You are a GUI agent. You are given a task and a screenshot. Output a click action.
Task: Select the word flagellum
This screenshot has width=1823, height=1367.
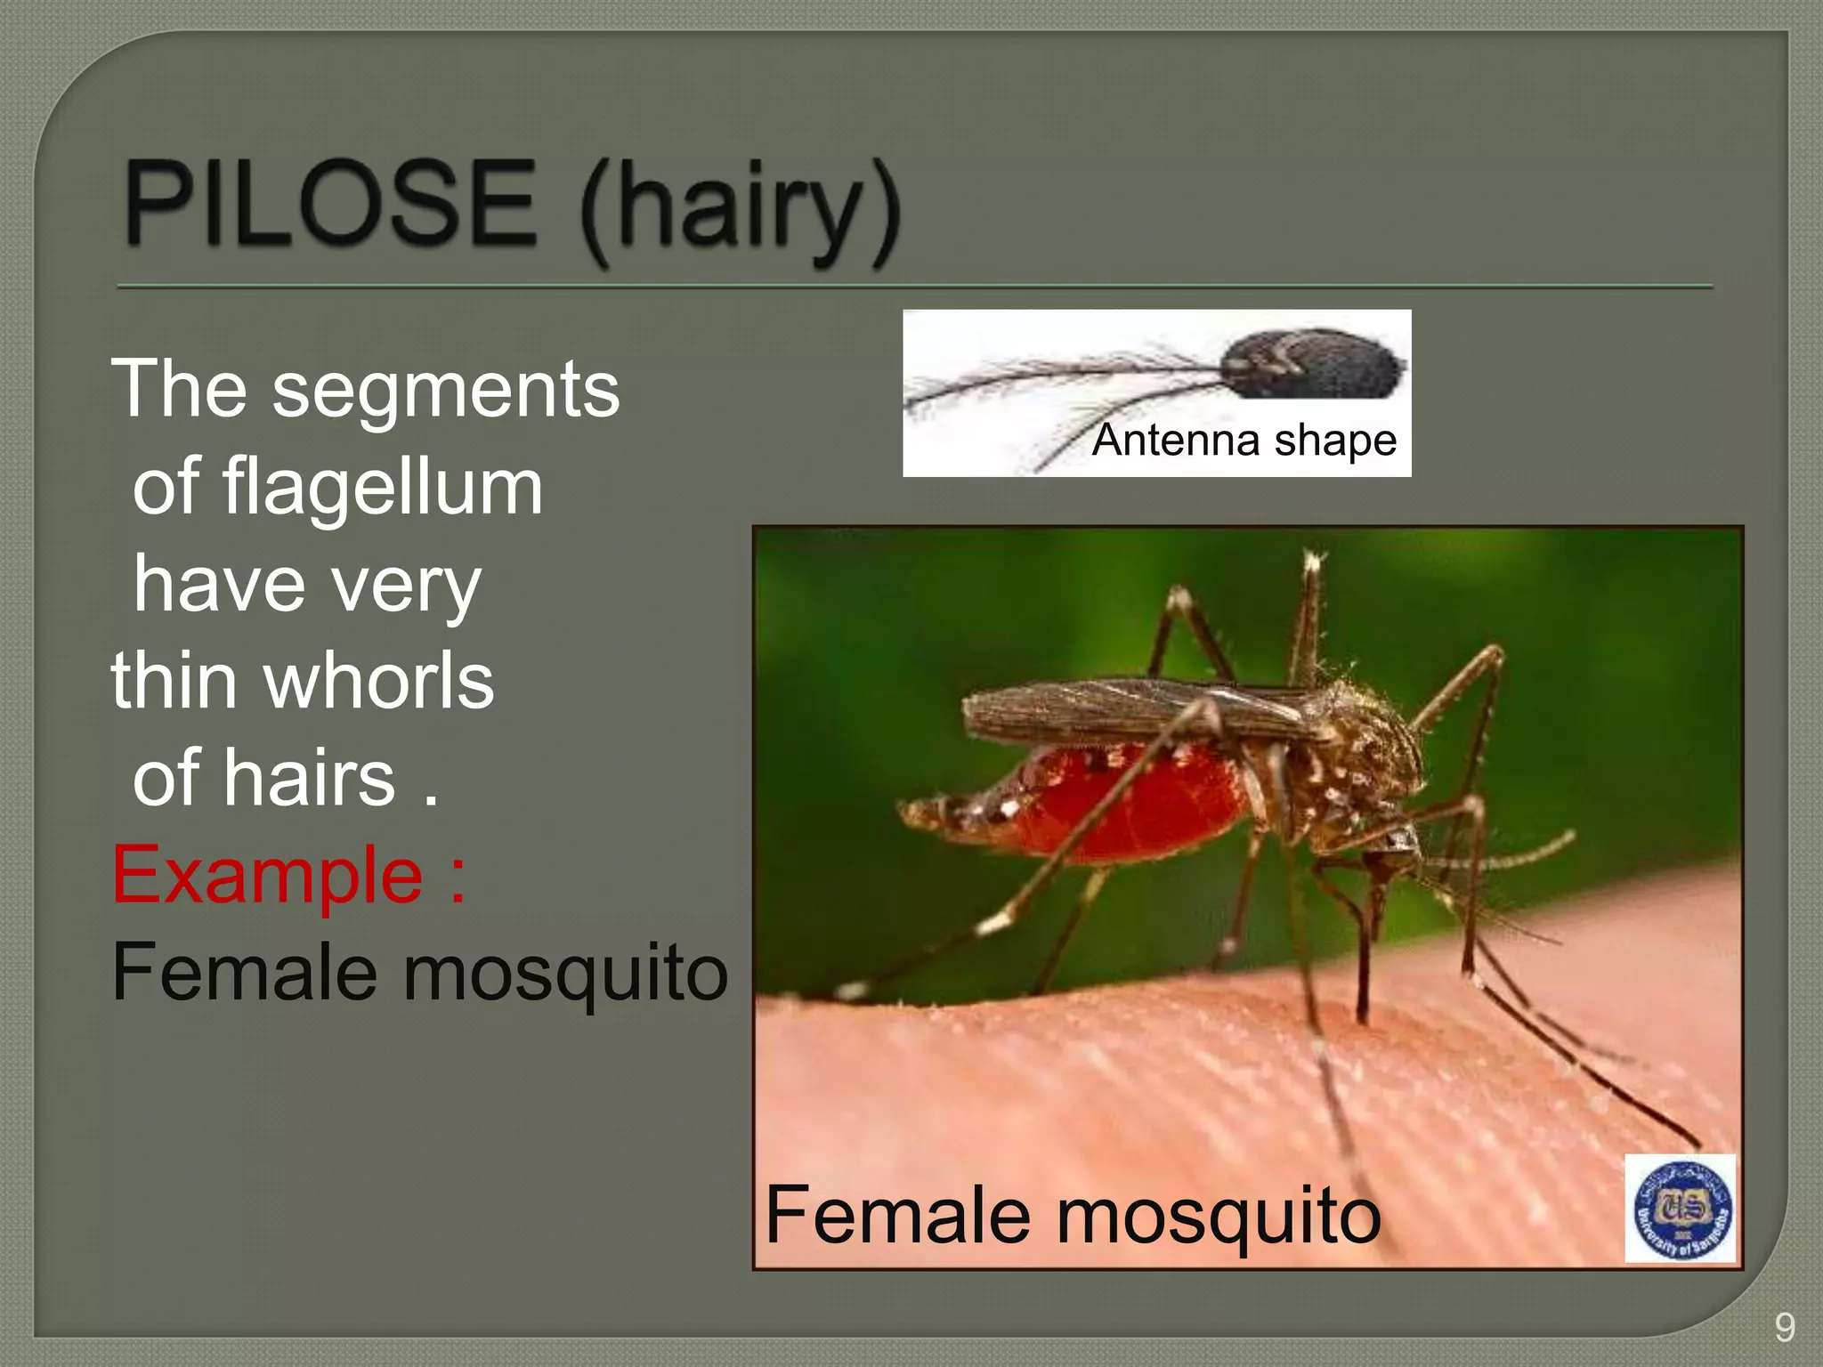tap(383, 488)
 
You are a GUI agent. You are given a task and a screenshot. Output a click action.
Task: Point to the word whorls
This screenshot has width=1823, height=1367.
tap(378, 681)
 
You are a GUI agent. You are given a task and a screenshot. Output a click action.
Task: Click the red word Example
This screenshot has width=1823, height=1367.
tap(267, 876)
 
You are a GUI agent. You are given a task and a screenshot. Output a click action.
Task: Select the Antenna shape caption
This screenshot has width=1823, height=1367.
tap(1244, 440)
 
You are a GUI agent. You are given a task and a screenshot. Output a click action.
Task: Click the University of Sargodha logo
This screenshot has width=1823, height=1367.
tap(1680, 1208)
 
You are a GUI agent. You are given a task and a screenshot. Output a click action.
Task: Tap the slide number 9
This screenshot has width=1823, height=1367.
tap(1784, 1327)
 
